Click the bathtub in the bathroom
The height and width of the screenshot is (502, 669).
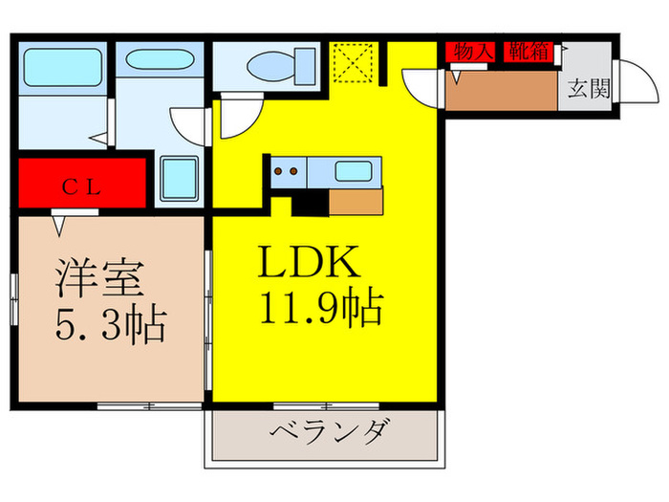(61, 70)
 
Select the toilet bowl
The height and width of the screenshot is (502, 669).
(274, 67)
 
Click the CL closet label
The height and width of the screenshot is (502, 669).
(82, 186)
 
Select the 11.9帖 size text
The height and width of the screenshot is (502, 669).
(320, 308)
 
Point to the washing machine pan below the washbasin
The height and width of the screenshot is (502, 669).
(178, 179)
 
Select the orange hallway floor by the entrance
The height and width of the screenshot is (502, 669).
(501, 92)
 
